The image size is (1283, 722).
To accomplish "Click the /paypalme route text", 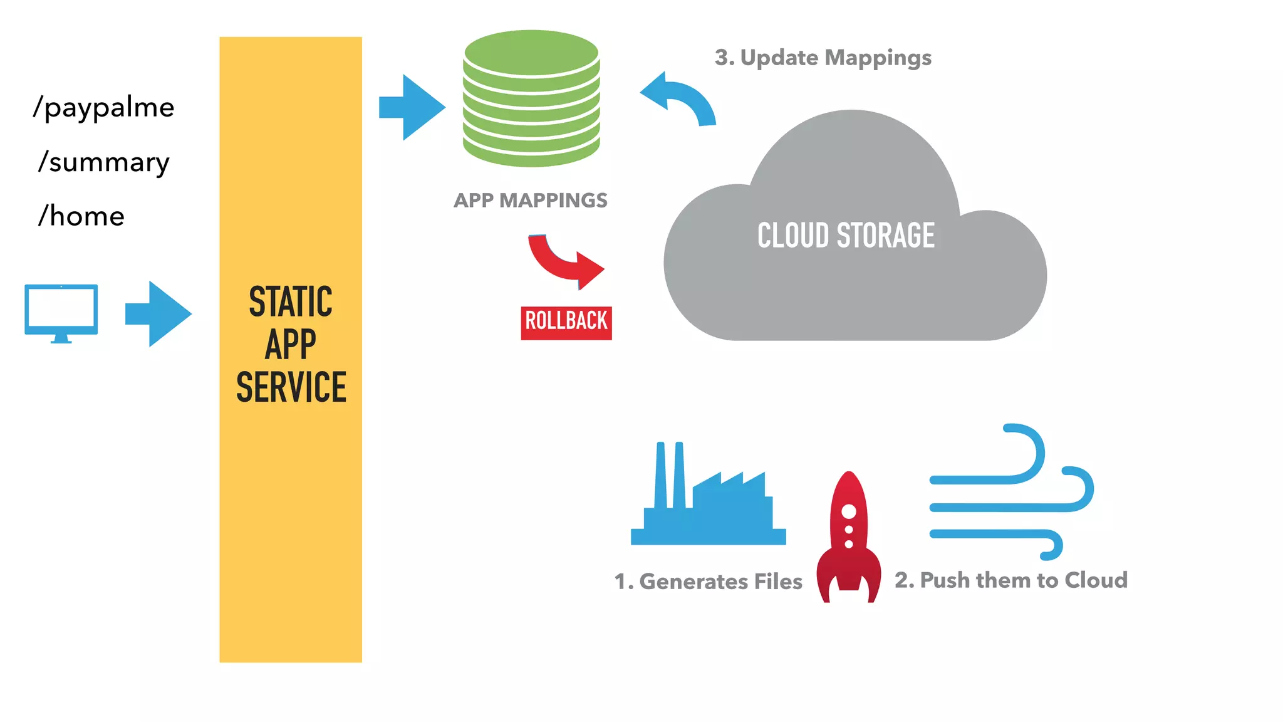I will point(104,108).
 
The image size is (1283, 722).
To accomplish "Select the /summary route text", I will point(104,162).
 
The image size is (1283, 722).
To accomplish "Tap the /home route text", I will point(82,216).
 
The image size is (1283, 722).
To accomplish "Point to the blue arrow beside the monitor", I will point(158,313).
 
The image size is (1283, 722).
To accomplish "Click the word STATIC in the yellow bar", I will point(291,301).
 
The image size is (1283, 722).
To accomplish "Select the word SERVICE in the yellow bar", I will point(291,387).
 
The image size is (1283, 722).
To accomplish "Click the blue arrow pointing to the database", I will point(412,107).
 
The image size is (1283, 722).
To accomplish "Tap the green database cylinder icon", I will point(531,99).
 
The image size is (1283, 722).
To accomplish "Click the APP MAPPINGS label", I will point(530,200).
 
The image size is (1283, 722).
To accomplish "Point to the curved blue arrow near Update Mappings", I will point(681,99).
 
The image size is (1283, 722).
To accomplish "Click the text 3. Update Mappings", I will point(823,58).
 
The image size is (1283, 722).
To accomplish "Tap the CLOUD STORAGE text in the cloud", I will point(846,236).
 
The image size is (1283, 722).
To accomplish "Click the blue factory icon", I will point(708,501).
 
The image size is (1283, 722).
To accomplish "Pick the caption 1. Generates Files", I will point(708,581).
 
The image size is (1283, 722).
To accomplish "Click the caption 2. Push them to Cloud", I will point(1010,580).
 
